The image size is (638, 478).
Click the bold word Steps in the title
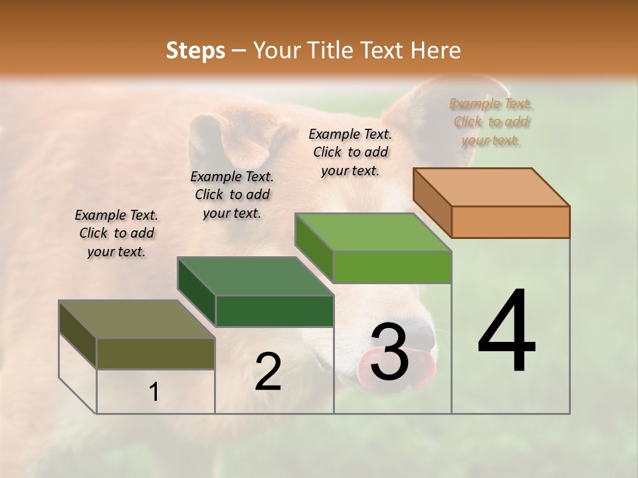click(x=195, y=50)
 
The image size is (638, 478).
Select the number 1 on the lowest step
click(x=154, y=392)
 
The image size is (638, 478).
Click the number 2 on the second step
click(x=268, y=372)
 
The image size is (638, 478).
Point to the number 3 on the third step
click(x=389, y=352)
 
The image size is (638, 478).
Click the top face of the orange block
click(x=492, y=187)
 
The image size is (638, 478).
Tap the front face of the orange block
click(x=510, y=222)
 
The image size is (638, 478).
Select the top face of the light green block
click(x=373, y=232)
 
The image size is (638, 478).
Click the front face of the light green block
click(x=392, y=267)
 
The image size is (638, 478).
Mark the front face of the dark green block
click(x=274, y=311)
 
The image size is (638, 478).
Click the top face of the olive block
click(x=137, y=319)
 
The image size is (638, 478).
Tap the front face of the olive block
click(x=156, y=353)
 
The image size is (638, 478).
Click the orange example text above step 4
click(x=491, y=121)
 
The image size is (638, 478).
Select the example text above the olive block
click(x=116, y=233)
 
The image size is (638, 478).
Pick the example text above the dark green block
click(x=232, y=195)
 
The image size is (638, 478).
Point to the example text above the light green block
click(x=350, y=152)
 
